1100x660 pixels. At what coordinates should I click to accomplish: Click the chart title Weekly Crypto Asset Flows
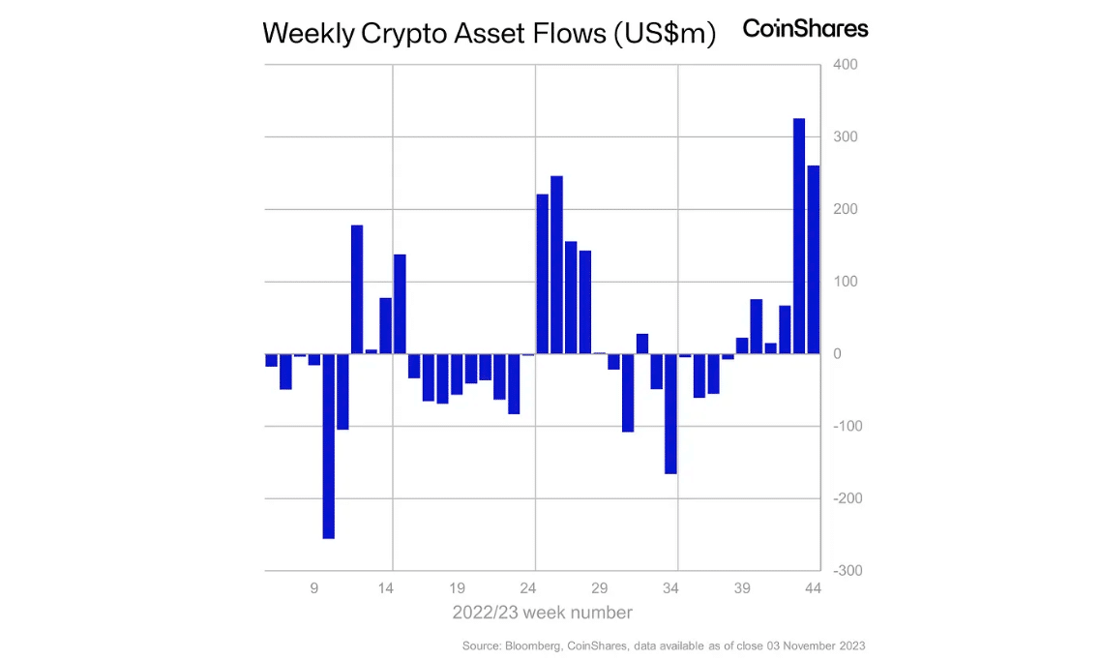pos(489,33)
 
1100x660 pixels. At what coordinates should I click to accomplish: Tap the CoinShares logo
pos(805,28)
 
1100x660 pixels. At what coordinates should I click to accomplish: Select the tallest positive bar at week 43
pos(799,236)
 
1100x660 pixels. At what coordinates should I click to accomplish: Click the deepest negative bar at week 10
pos(328,446)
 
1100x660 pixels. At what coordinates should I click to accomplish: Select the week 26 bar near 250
pos(556,265)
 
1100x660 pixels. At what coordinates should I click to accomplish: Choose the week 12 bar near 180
pos(357,289)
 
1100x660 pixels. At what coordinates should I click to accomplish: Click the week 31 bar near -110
pos(628,393)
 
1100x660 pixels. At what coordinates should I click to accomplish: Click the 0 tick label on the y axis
pos(838,354)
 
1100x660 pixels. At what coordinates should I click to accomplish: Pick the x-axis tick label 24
pos(528,587)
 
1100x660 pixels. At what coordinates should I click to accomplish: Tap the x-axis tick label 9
pos(314,587)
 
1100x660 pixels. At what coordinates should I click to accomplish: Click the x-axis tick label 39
pos(743,587)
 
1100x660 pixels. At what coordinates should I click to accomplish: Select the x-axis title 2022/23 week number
pos(542,613)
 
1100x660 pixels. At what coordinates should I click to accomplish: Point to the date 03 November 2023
pos(818,645)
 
